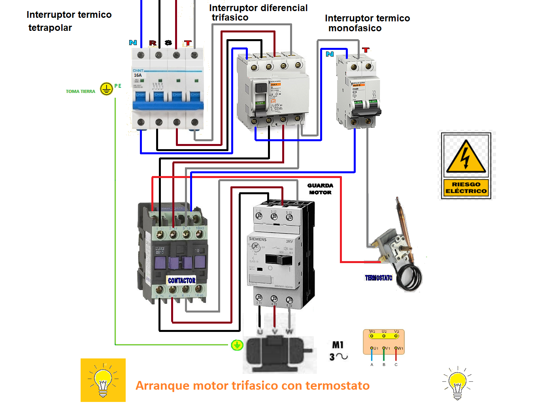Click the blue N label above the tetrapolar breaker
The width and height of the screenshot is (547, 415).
[x=133, y=42]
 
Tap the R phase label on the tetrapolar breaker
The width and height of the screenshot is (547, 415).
[x=153, y=43]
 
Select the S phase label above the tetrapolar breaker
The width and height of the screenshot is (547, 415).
[x=168, y=43]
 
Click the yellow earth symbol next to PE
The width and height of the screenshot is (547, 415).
[x=106, y=89]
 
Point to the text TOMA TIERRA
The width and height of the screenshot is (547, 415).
[x=80, y=91]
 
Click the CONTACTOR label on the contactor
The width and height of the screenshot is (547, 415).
[x=181, y=280]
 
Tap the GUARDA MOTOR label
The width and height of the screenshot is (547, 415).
[x=320, y=189]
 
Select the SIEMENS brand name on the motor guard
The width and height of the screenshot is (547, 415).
[x=257, y=239]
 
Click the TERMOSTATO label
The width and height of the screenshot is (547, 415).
[x=378, y=278]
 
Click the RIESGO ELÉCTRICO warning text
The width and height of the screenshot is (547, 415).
[x=466, y=188]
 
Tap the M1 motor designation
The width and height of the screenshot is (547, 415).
[x=338, y=345]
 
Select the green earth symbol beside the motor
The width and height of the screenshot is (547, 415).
[x=237, y=345]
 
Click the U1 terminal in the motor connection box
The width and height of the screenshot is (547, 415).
[x=372, y=348]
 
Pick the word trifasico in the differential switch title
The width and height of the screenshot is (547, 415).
[x=230, y=18]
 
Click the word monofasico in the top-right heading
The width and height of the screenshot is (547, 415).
[x=355, y=28]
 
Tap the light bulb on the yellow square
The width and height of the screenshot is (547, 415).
[x=103, y=380]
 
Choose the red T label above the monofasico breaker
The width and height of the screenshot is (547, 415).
[x=366, y=50]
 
